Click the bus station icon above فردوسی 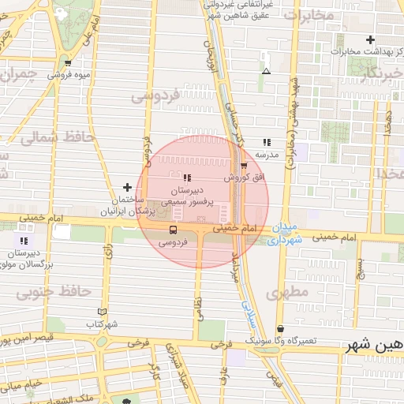[173, 230]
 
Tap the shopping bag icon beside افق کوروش [244, 166]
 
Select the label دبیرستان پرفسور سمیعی [188, 196]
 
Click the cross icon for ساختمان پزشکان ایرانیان [128, 187]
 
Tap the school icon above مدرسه [267, 142]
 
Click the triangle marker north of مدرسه [266, 72]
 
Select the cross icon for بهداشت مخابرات [370, 39]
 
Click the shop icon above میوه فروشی [68, 63]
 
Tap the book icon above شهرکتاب [100, 311]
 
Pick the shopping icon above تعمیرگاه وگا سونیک [280, 328]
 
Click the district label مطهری [284, 294]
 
